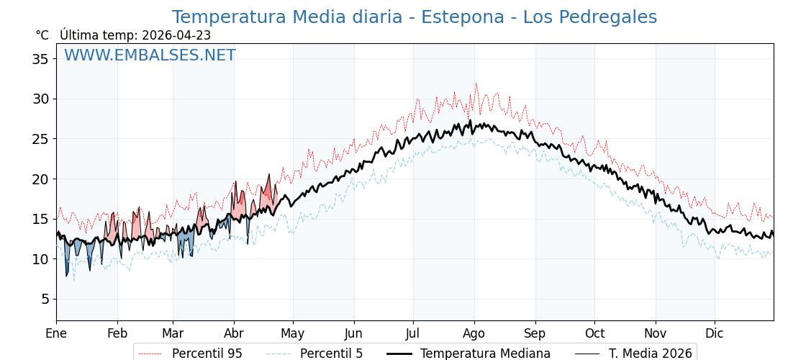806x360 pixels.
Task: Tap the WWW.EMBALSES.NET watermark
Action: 150,55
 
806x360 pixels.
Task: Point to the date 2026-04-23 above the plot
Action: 176,35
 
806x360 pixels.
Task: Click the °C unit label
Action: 42,35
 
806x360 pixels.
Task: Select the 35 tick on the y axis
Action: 40,59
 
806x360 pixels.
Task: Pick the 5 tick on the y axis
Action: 45,299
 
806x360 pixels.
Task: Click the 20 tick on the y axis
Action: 40,179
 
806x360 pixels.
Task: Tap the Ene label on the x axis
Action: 56,333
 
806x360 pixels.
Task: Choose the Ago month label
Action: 474,333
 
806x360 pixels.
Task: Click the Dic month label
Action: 715,333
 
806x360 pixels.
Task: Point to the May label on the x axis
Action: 293,333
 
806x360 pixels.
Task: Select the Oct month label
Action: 595,333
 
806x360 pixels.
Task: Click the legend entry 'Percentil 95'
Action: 207,354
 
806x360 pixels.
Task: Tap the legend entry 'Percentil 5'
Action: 331,354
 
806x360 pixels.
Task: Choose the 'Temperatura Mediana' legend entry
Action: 485,354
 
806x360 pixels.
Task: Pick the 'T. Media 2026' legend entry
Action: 650,354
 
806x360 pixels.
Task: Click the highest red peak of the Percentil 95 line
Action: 476,84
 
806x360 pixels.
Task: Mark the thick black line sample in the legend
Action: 401,354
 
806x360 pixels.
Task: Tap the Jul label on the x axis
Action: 413,333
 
